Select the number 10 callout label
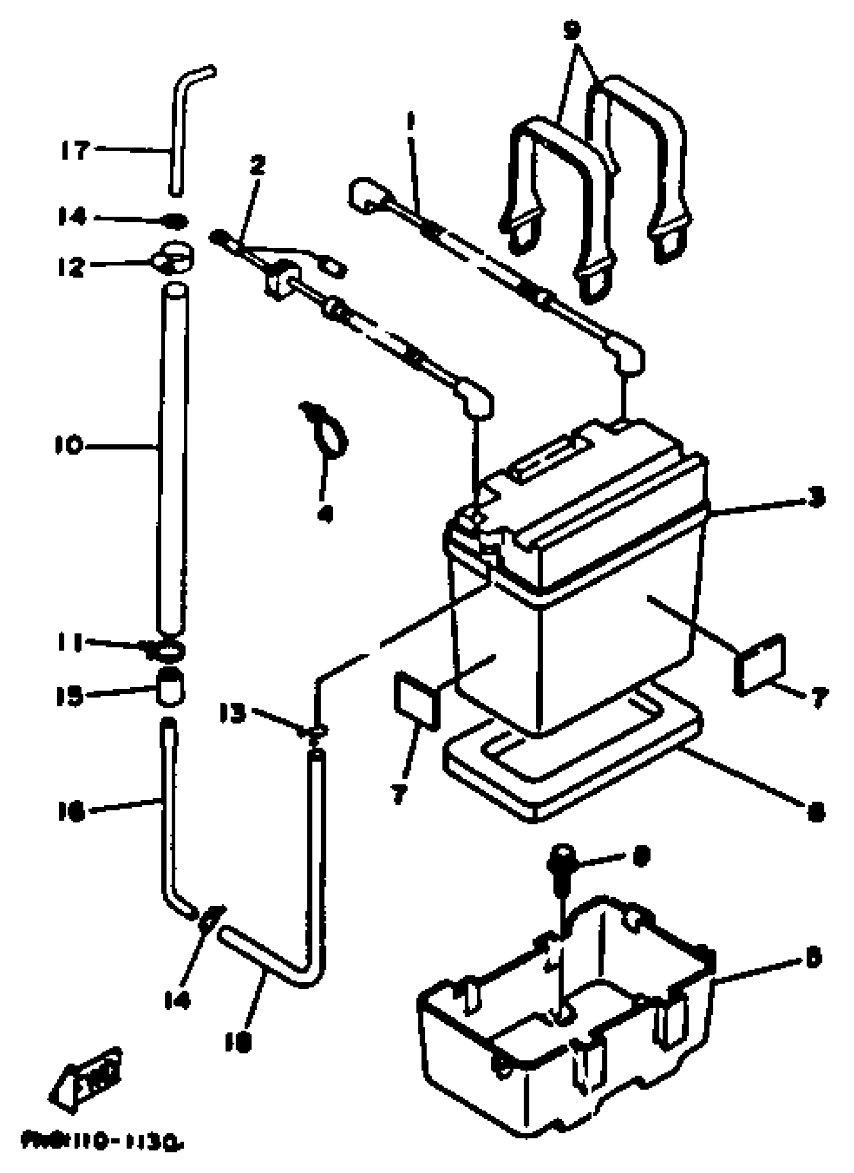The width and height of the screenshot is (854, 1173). (x=69, y=445)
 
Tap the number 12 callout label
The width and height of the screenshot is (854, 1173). (x=71, y=267)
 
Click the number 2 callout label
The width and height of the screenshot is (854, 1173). (x=257, y=165)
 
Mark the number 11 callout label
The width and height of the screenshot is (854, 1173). (x=70, y=644)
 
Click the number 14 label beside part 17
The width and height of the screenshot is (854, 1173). (x=71, y=217)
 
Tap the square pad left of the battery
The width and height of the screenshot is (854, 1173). (x=416, y=698)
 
